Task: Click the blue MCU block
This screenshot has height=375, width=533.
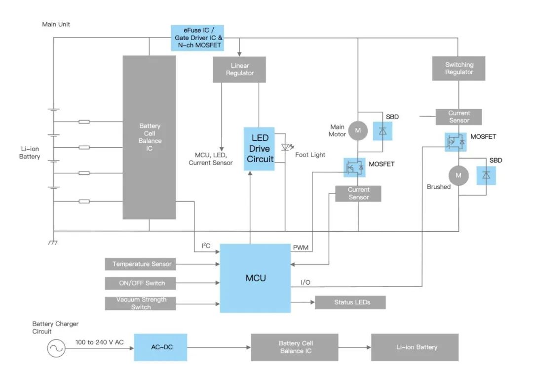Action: pyautogui.click(x=255, y=278)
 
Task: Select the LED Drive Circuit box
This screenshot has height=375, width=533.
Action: pyautogui.click(x=259, y=149)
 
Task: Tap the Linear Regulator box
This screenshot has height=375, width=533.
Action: pyautogui.click(x=239, y=69)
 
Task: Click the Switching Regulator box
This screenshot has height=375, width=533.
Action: pyautogui.click(x=458, y=68)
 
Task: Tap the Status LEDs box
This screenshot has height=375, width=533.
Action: pyautogui.click(x=350, y=302)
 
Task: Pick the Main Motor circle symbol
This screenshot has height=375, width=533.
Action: pyautogui.click(x=358, y=130)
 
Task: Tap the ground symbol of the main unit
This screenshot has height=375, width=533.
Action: pyautogui.click(x=52, y=243)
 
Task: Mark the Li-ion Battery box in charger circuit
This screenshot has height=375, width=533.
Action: pyautogui.click(x=415, y=347)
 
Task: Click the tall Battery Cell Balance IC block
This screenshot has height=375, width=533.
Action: pyautogui.click(x=149, y=137)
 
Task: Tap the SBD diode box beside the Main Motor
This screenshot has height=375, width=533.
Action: pyautogui.click(x=382, y=130)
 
